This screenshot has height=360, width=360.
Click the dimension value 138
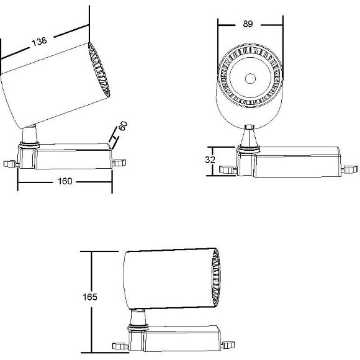click(39, 42)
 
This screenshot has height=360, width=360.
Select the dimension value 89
click(248, 24)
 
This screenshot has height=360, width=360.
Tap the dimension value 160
click(65, 181)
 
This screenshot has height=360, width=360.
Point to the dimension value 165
click(90, 297)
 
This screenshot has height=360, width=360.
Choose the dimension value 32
click(210, 160)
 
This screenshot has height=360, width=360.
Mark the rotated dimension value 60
click(123, 126)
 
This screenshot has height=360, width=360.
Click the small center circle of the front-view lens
click(250, 79)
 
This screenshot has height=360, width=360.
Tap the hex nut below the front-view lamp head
click(250, 127)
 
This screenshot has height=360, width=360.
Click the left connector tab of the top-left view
click(11, 164)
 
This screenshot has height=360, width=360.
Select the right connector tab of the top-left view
click(119, 163)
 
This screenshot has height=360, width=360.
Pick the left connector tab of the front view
click(228, 169)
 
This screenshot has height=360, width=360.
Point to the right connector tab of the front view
click(349, 170)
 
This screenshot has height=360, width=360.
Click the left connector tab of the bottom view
click(120, 346)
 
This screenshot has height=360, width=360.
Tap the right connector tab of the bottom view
click(228, 345)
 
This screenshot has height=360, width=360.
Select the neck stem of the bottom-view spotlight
click(138, 317)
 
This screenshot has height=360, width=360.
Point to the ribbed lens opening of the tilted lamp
click(99, 70)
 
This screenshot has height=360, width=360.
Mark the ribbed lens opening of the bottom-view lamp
click(215, 278)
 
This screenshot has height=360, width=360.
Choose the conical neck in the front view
click(250, 137)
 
